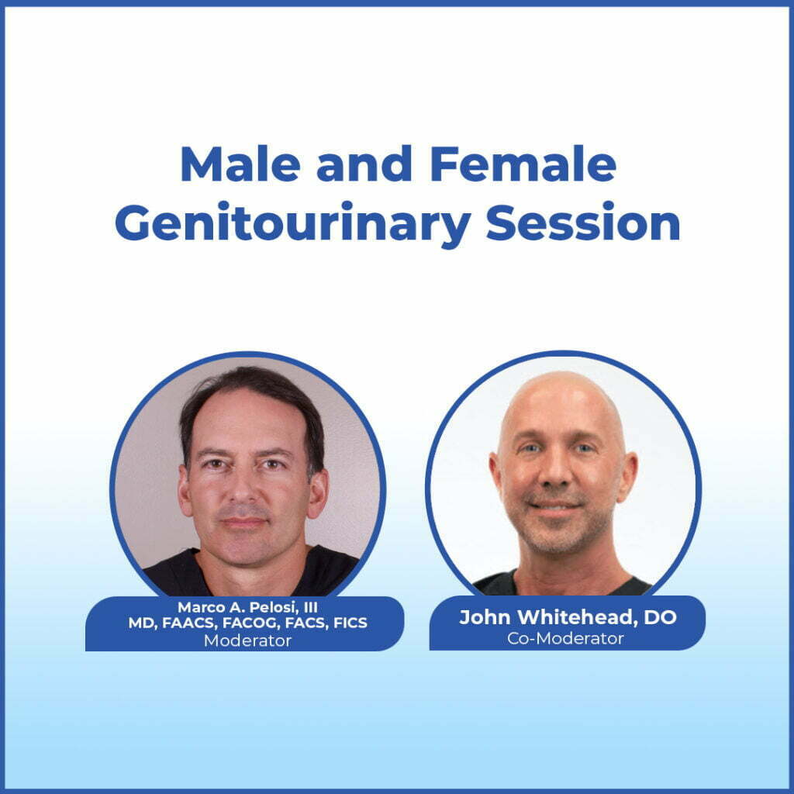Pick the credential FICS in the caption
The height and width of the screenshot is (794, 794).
[x=347, y=623]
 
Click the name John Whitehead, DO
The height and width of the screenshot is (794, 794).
[x=568, y=618]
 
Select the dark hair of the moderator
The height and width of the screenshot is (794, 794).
[x=248, y=392]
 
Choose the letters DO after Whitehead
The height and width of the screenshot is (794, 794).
[x=661, y=618]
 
